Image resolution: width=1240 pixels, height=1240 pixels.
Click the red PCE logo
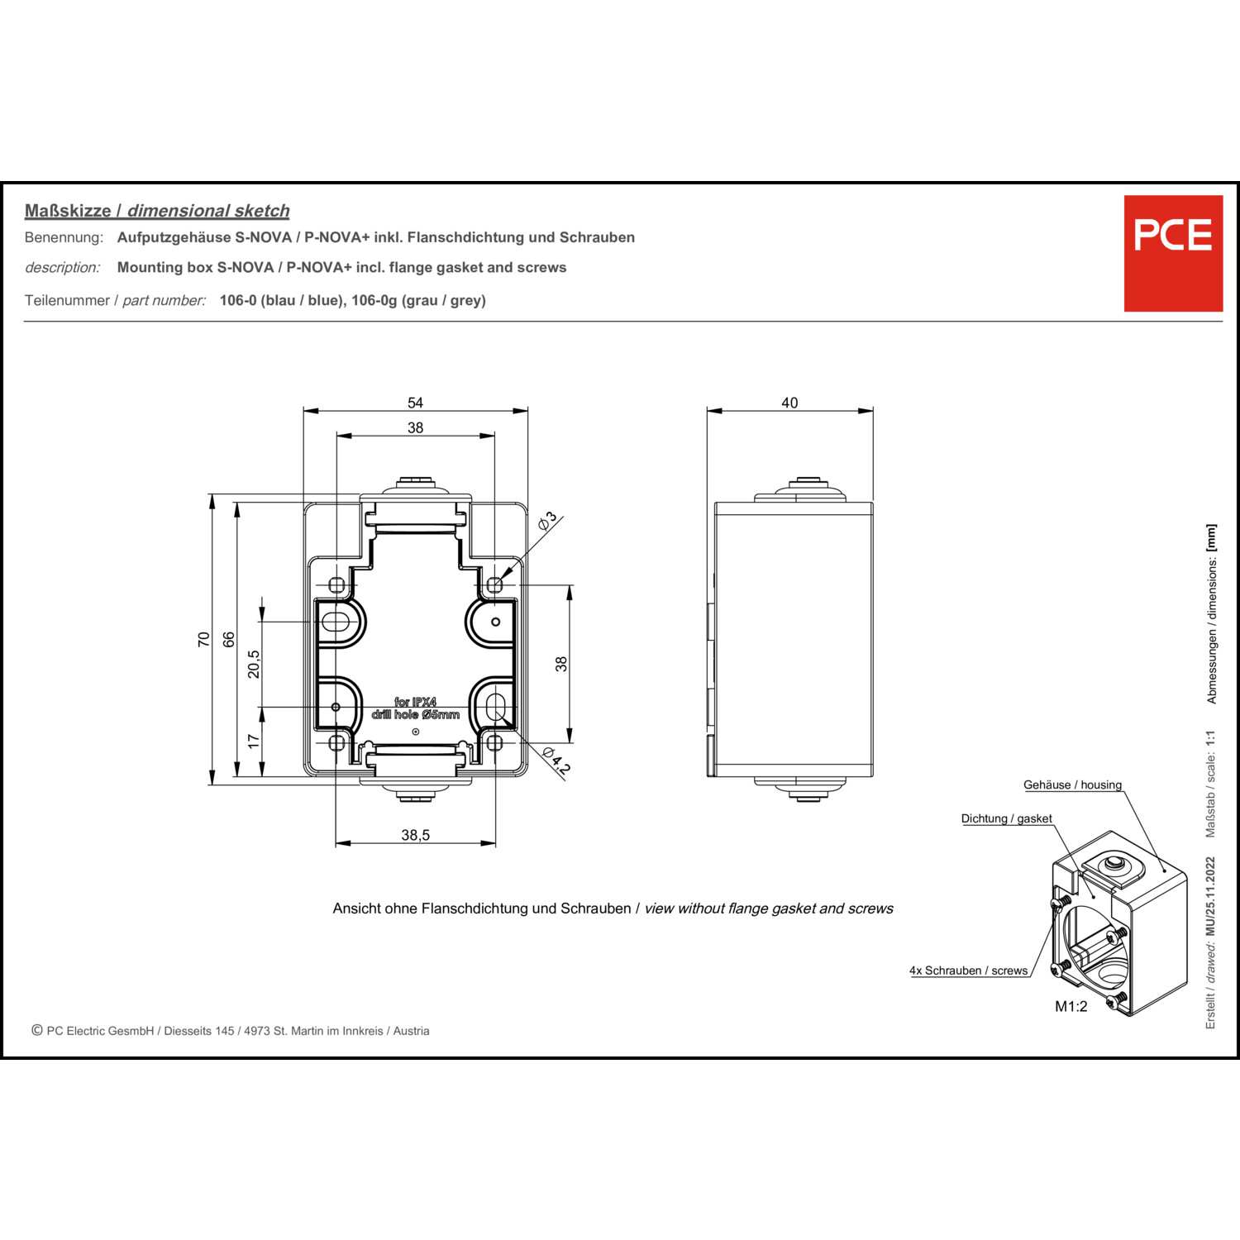pos(1173,254)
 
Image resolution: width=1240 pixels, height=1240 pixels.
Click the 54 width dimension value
pos(415,403)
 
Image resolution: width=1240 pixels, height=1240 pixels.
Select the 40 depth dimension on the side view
pos(789,403)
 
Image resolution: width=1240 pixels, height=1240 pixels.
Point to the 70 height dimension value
pos(204,639)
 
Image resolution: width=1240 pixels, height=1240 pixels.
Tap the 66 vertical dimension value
pos(229,639)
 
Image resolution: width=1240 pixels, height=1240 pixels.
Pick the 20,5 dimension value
pos(254,664)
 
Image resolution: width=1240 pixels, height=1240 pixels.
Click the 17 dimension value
pos(254,741)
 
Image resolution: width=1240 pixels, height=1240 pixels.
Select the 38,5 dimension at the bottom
pos(415,835)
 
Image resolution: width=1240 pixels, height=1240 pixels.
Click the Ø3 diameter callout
pos(548,521)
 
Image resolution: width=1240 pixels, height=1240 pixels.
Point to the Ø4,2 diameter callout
pos(556,761)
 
